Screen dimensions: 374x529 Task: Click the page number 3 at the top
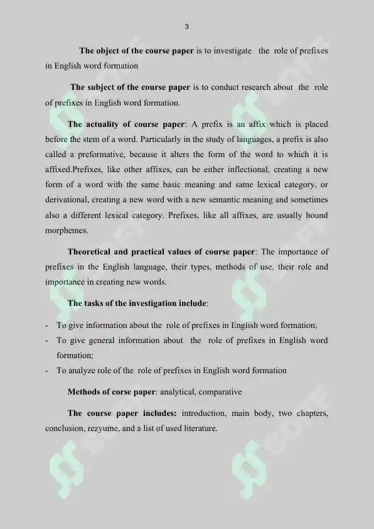point(187,26)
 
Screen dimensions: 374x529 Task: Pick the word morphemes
point(66,230)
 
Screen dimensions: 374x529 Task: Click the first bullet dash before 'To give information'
point(48,325)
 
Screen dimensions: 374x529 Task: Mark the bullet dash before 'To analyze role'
point(48,371)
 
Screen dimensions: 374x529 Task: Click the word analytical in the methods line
point(178,392)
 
